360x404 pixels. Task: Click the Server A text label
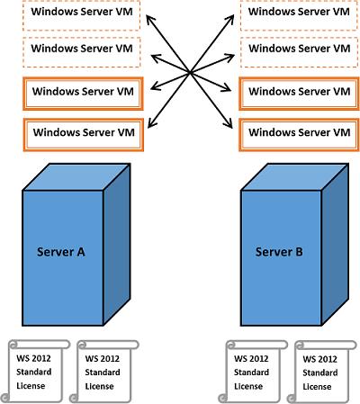[x=61, y=252]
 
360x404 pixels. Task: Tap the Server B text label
[x=279, y=252]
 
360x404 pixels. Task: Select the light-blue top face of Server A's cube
[x=76, y=177]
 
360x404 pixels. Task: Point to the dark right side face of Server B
[x=335, y=245]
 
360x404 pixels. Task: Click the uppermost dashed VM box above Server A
[x=82, y=15]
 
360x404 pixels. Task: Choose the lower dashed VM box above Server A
[x=82, y=52]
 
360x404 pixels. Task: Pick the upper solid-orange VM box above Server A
[x=83, y=94]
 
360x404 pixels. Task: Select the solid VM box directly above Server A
[x=83, y=135]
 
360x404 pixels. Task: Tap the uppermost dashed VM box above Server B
[x=299, y=15]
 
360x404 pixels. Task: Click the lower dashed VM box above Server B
[x=299, y=52]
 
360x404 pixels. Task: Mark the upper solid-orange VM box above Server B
[x=299, y=94]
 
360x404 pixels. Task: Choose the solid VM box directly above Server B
[x=299, y=135]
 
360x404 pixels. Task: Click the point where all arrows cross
[x=190, y=73]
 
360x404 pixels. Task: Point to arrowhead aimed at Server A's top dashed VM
[x=149, y=19]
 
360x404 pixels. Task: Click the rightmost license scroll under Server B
[x=322, y=372]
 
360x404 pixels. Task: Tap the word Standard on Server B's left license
[x=251, y=373]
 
